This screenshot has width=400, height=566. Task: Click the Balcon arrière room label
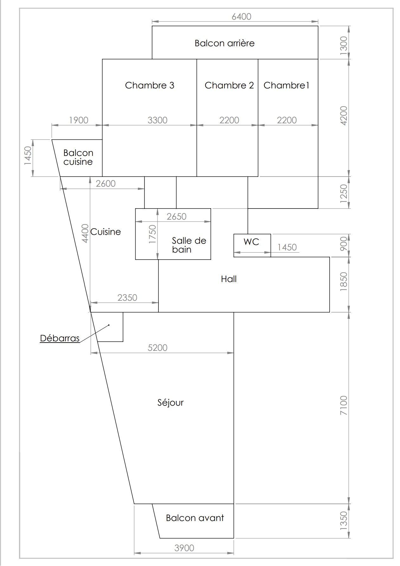(224, 43)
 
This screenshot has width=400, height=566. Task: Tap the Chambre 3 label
(150, 85)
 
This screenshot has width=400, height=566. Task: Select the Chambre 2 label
(229, 85)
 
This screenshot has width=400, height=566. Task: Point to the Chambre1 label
(286, 85)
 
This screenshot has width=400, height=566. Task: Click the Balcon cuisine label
(78, 157)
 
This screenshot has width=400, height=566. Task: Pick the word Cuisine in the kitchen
(106, 232)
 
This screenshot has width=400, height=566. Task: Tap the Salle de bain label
(189, 245)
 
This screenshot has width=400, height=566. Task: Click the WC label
(251, 242)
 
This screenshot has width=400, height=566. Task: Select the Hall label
(229, 279)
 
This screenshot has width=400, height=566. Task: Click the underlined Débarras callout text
(60, 338)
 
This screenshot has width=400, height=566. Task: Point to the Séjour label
(171, 402)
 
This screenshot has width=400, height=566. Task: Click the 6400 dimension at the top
(242, 16)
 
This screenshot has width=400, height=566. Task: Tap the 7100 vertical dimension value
(344, 405)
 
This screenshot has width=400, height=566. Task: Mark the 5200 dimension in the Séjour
(158, 348)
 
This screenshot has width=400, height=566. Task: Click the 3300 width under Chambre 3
(158, 120)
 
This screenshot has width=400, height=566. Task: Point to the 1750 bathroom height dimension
(152, 234)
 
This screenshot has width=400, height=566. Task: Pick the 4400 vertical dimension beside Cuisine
(85, 233)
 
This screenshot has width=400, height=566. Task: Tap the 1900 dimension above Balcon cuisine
(79, 120)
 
